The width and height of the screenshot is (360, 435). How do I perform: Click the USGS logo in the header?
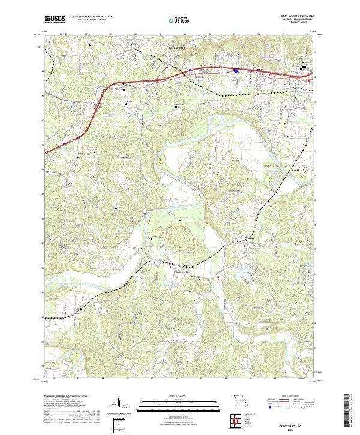coord(55,19)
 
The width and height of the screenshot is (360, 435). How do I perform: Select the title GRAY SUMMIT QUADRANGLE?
coord(293,16)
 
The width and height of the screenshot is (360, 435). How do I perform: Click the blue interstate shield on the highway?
coord(236,70)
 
